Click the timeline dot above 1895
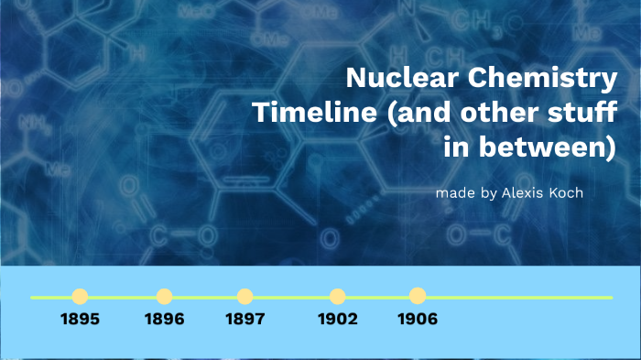(80, 296)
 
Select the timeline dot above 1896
(164, 296)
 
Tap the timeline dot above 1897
(244, 296)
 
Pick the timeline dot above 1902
(337, 296)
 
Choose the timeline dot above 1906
(418, 296)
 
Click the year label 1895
(80, 320)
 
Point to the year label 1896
(164, 320)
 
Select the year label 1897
(244, 320)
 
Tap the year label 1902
(337, 320)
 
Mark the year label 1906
(418, 320)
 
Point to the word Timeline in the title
(303, 114)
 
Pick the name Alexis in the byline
(523, 194)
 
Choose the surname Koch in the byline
(565, 194)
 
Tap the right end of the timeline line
(610, 297)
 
